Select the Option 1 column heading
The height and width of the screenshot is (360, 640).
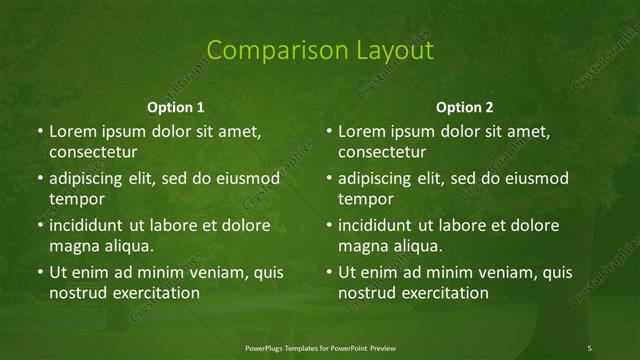pos(176,106)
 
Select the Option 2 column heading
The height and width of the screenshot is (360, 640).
pos(465,106)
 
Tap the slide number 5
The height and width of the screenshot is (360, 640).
pos(590,347)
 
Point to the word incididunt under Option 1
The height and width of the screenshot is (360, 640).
pos(90,225)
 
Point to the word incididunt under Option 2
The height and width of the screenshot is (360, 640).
pos(380,225)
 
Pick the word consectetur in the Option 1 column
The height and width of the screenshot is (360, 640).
pos(93,152)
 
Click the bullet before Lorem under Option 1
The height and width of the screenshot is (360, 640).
pos(39,132)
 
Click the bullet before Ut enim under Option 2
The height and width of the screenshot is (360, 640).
pos(329,272)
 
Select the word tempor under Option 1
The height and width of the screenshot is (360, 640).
pos(73,199)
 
